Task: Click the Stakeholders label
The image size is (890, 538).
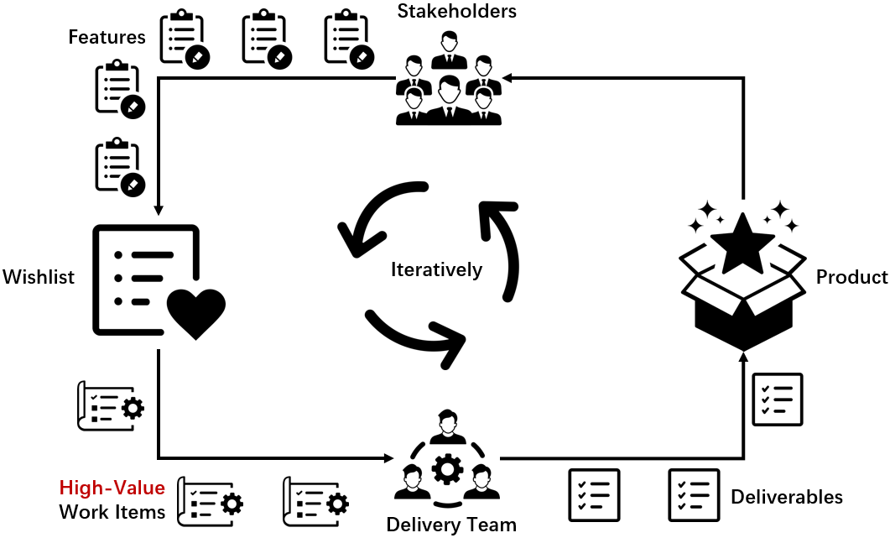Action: click(x=456, y=11)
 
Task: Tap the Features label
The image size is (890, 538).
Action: click(x=107, y=37)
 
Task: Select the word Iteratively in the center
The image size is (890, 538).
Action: click(x=436, y=269)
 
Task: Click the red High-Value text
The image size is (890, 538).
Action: click(x=112, y=488)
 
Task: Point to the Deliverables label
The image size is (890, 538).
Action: click(x=786, y=496)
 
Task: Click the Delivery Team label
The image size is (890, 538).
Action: click(x=450, y=525)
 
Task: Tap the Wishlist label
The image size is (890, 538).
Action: click(x=39, y=277)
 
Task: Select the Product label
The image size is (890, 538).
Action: click(x=851, y=277)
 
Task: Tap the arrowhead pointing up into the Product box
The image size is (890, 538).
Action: click(x=743, y=358)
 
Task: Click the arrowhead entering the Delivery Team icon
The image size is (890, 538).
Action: click(x=387, y=458)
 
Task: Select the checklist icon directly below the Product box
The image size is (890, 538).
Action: click(x=778, y=399)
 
